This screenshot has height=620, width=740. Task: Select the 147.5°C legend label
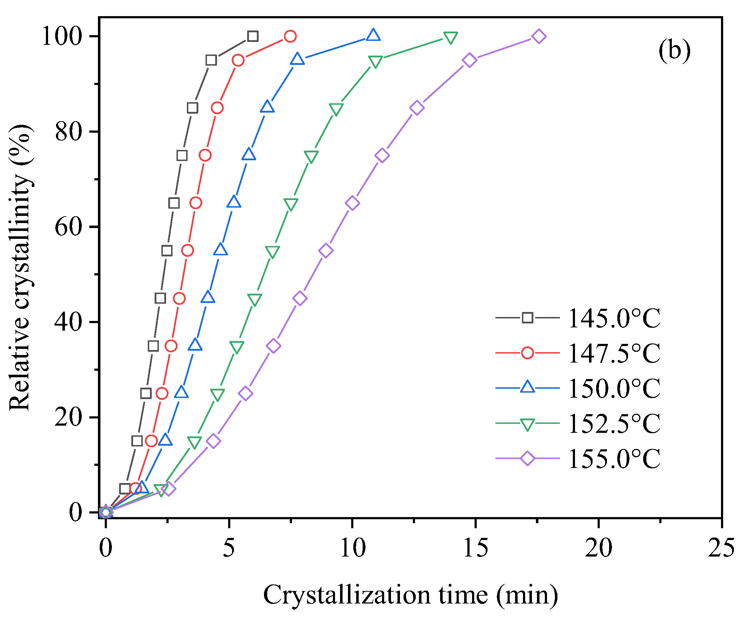[614, 354]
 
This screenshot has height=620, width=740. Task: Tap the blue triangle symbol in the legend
[527, 387]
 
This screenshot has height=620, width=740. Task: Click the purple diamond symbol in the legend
[527, 458]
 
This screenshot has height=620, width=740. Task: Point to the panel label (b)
[674, 51]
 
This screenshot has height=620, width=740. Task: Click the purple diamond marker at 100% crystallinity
[539, 36]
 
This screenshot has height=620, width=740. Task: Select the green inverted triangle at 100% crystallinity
[450, 37]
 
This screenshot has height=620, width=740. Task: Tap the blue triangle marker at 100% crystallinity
[373, 35]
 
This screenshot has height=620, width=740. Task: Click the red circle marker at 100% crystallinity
[290, 36]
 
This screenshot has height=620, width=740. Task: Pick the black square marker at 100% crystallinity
[253, 36]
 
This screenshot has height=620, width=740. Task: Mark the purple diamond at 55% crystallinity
[326, 250]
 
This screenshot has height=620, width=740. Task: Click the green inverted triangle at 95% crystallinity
[375, 62]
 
